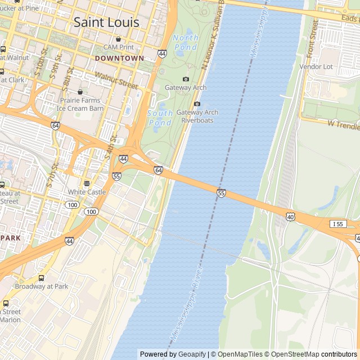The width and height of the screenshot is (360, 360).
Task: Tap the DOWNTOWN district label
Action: click(x=119, y=58)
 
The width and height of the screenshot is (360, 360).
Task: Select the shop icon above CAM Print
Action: click(x=119, y=39)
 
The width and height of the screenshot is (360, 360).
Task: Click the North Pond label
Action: click(x=186, y=43)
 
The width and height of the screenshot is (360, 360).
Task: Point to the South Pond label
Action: click(x=160, y=118)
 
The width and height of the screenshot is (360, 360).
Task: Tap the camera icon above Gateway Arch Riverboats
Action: click(x=197, y=103)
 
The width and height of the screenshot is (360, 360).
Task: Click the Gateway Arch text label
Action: click(x=186, y=88)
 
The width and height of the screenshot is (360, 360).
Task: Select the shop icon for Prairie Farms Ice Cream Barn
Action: click(x=80, y=92)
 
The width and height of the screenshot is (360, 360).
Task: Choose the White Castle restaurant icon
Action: click(x=87, y=183)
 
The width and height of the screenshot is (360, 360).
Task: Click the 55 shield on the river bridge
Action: click(x=221, y=193)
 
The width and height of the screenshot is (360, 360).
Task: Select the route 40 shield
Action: click(x=290, y=217)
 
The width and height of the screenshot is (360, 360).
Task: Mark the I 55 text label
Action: click(x=338, y=224)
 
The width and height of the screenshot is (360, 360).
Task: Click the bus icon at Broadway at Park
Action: click(x=41, y=278)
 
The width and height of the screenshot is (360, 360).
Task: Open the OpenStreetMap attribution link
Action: click(x=293, y=354)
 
